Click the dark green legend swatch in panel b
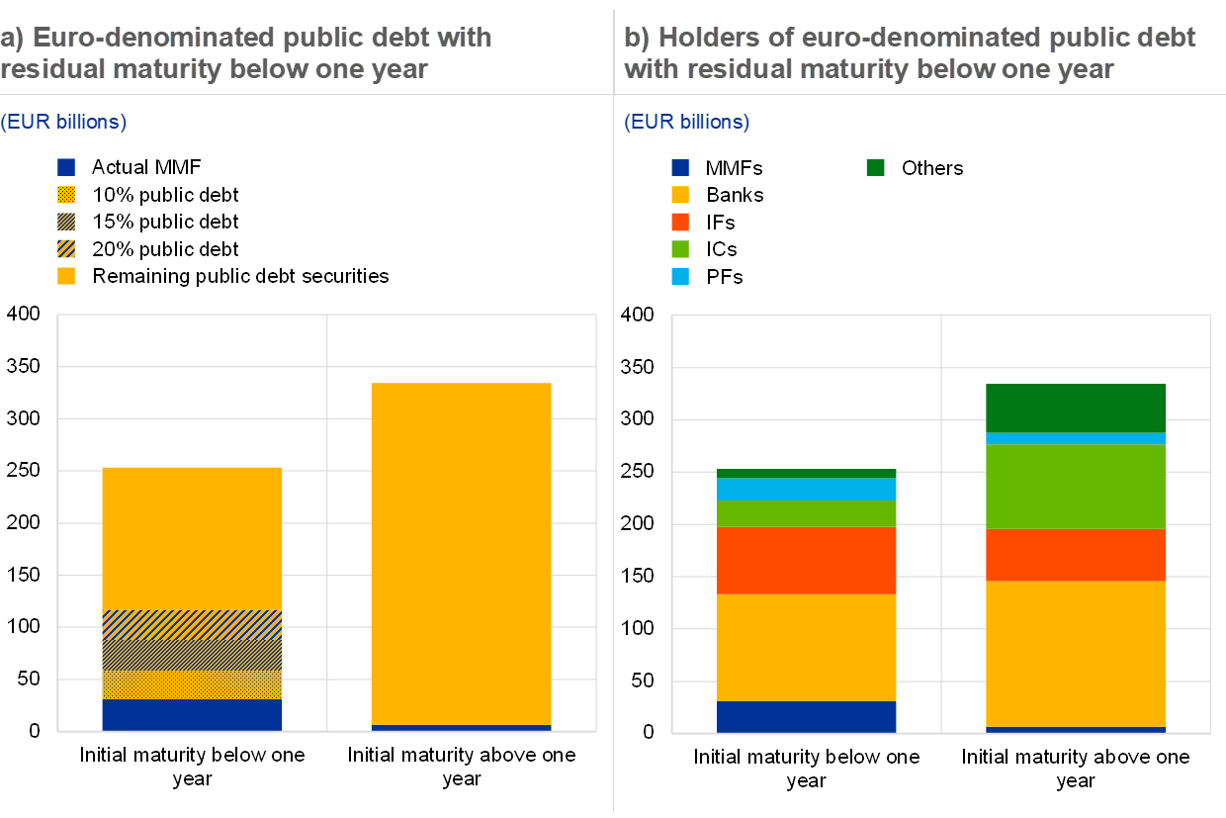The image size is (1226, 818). point(875,167)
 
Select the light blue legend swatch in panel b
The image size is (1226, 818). point(680,276)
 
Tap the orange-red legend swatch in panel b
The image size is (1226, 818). point(680,222)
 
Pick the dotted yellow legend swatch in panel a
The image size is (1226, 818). point(66,195)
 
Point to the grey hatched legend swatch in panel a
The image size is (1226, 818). point(66,222)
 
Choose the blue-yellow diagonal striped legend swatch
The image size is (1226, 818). point(66,248)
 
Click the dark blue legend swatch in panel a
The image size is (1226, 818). point(66,167)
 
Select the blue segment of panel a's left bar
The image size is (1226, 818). point(192,715)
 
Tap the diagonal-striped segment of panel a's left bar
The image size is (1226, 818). point(192,625)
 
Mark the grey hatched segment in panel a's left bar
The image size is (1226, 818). point(192,655)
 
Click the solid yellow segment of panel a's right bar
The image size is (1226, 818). point(461,554)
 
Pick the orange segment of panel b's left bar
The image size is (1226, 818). point(806,560)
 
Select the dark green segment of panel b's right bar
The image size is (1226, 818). point(1076,408)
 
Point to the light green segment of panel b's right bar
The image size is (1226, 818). point(1076,487)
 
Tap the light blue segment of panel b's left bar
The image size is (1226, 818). point(806,489)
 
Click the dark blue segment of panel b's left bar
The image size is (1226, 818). point(806,716)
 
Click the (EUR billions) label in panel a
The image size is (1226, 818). point(63,122)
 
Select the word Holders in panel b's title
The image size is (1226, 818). point(702,38)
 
